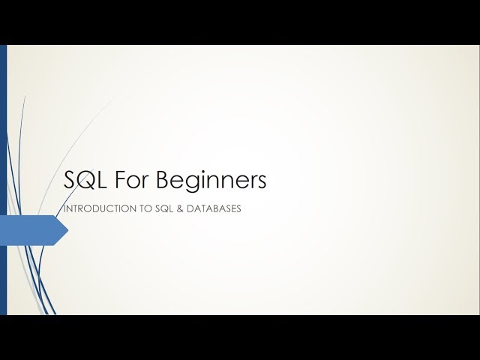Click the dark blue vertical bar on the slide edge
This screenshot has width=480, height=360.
[x=3, y=180]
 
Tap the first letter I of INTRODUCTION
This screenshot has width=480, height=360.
[x=65, y=209]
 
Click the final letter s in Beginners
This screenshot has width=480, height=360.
[x=261, y=183]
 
